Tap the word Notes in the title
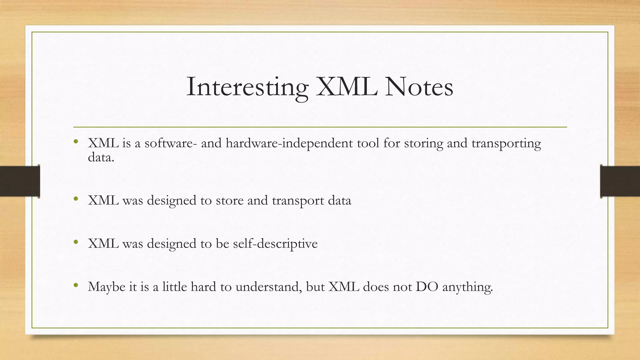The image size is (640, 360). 419,87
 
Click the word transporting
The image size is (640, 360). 506,143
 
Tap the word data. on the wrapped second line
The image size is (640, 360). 101,157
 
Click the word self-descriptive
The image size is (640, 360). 275,244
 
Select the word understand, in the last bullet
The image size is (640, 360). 269,287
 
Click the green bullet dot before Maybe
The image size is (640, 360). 76,285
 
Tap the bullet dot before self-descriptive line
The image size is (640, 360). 76,242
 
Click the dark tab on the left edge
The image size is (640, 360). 20,181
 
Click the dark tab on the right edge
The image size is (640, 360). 620,181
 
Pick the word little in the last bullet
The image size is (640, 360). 175,287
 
